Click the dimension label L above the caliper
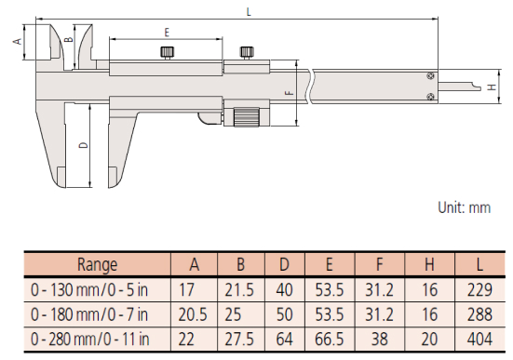(x=249, y=12)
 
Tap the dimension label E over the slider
(x=167, y=33)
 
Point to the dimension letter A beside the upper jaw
(x=18, y=42)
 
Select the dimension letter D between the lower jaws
(x=84, y=145)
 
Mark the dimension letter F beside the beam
(x=290, y=93)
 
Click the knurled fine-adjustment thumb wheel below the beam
(x=247, y=117)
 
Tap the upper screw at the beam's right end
(x=431, y=76)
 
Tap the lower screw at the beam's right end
(x=431, y=96)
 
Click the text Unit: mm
(x=465, y=207)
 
